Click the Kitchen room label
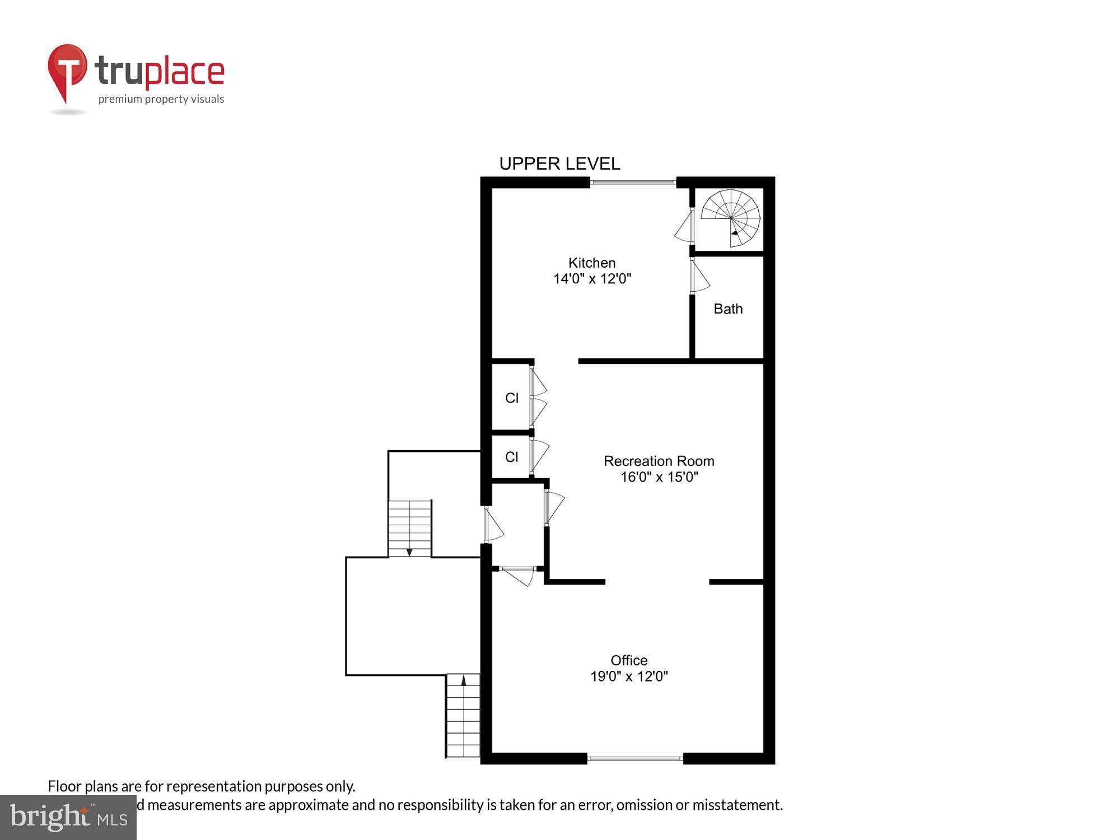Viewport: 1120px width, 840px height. tap(592, 263)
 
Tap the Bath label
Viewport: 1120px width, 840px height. tap(728, 309)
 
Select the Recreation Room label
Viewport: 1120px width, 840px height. tap(659, 461)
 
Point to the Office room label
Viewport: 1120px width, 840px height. tap(629, 660)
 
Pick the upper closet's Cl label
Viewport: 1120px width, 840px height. tap(512, 398)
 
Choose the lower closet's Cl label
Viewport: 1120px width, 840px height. tap(512, 457)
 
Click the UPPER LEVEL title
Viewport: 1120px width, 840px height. tap(559, 164)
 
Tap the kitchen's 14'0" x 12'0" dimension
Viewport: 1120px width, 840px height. tap(592, 279)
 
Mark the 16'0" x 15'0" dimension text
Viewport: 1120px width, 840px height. tap(659, 477)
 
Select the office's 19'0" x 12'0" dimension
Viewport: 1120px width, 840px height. tap(629, 676)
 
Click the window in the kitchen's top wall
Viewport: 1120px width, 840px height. tap(633, 182)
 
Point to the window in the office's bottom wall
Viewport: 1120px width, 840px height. tap(635, 758)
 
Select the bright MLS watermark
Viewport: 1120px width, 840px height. tap(68, 817)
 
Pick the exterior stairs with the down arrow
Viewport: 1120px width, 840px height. tap(410, 529)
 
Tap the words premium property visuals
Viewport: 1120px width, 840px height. tap(161, 100)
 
